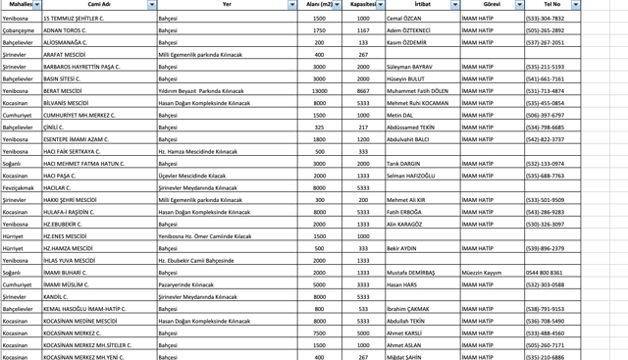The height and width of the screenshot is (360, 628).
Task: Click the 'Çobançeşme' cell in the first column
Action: point(19,30)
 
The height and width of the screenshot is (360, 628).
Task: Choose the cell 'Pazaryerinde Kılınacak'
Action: point(189,283)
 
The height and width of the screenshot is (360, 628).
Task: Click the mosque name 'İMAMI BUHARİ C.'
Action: point(67,272)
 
